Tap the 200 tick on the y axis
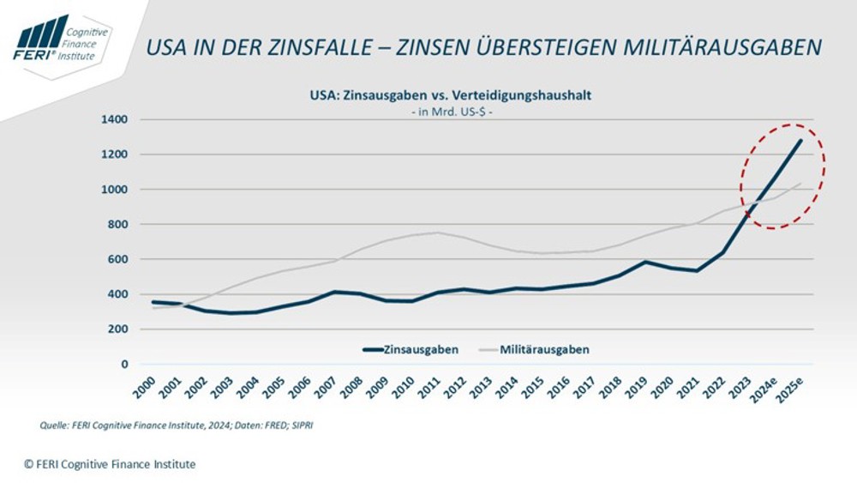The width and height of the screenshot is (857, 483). (120, 329)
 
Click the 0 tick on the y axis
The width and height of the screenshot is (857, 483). (125, 365)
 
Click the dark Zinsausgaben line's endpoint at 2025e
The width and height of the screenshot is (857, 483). (801, 141)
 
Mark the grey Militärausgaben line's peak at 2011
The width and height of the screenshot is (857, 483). (439, 232)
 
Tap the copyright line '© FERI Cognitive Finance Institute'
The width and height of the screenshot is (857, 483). (110, 464)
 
